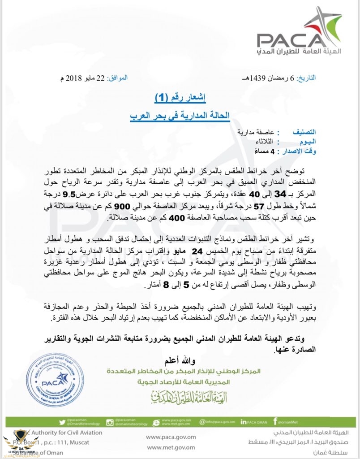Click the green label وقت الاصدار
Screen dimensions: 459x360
click(296, 152)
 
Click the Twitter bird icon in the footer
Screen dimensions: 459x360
click(62, 422)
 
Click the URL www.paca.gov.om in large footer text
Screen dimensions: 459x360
click(171, 437)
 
